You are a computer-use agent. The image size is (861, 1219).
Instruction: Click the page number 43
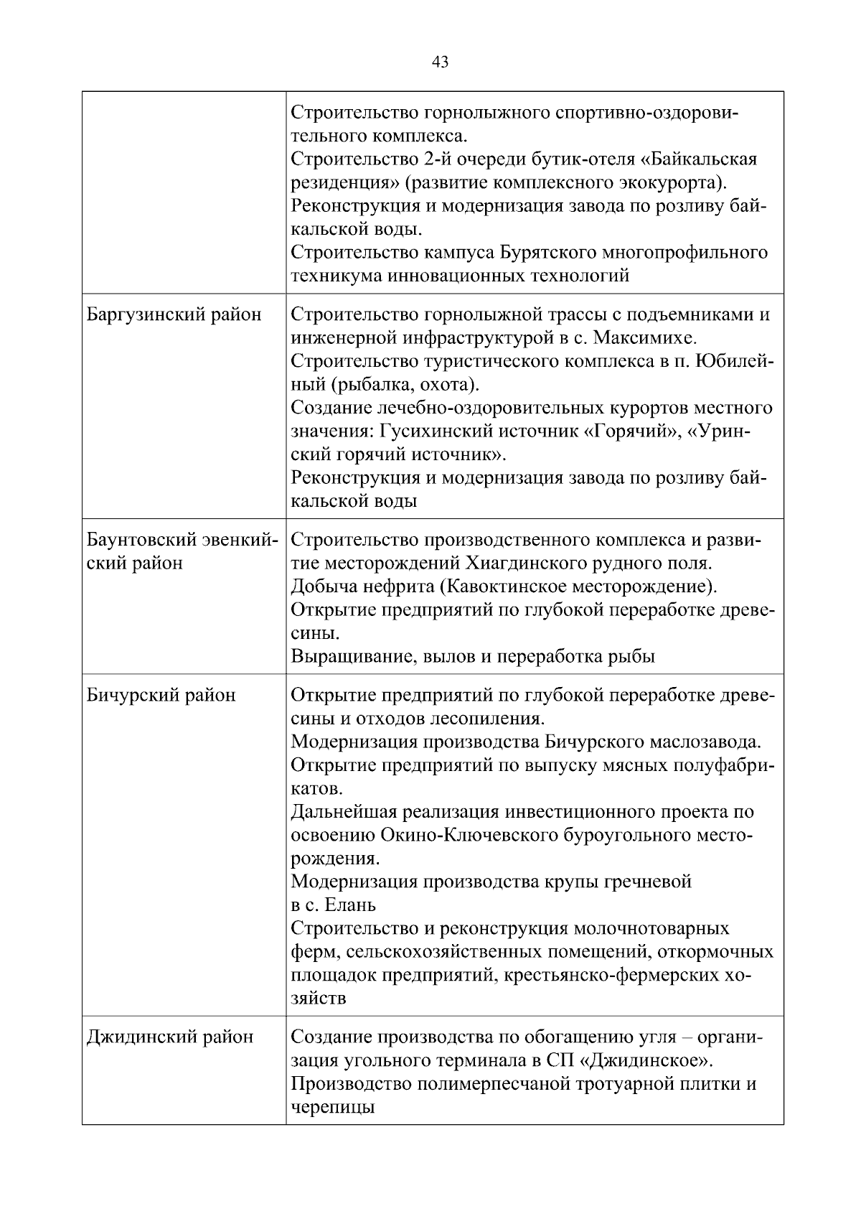pyautogui.click(x=440, y=62)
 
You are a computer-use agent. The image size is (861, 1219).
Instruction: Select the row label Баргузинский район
pyautogui.click(x=174, y=314)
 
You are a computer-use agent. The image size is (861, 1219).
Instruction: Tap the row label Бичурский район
pyautogui.click(x=161, y=695)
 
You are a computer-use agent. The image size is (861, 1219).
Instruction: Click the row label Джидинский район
pyautogui.click(x=170, y=1037)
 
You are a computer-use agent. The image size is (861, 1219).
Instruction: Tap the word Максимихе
pyautogui.click(x=651, y=338)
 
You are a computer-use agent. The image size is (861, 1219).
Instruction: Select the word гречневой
pyautogui.click(x=649, y=881)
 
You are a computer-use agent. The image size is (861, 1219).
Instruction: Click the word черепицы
pyautogui.click(x=333, y=1107)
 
